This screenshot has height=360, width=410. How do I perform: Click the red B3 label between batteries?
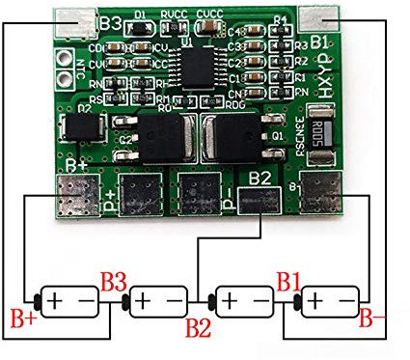[x=113, y=282]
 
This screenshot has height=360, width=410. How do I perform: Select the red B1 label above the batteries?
[x=288, y=281]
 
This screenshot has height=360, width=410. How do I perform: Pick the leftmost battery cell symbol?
[x=68, y=302]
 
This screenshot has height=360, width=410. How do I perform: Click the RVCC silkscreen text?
[x=175, y=13]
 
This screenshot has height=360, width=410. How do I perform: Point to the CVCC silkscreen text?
[x=210, y=13]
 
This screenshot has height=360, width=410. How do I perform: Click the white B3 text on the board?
[x=108, y=19]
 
